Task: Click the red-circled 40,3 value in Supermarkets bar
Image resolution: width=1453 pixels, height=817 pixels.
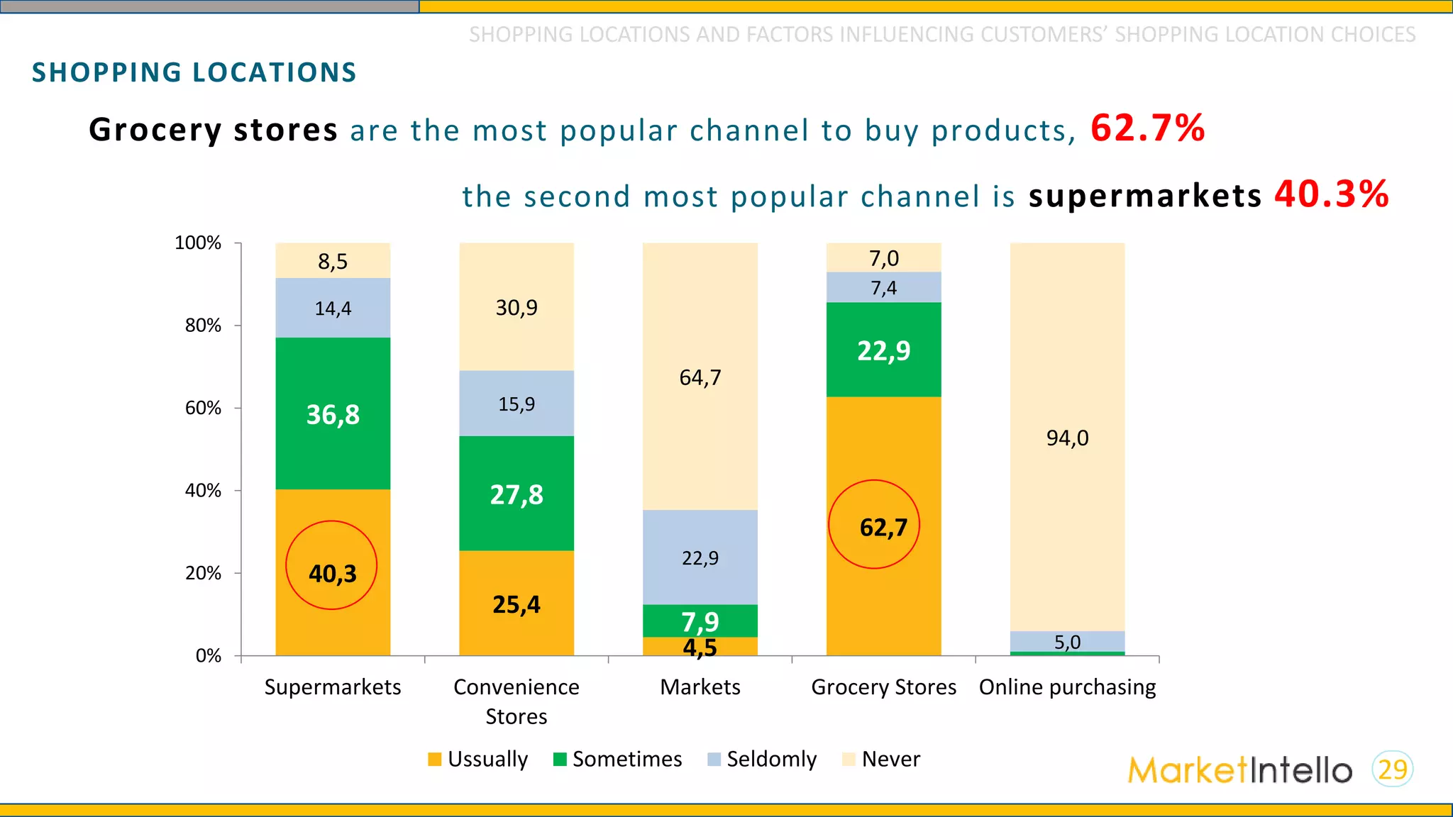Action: (x=332, y=573)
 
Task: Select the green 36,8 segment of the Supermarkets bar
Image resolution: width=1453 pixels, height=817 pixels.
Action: (x=333, y=414)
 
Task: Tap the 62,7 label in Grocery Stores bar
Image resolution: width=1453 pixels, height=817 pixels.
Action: (x=883, y=528)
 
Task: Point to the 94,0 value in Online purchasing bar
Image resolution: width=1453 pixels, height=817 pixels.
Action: (x=1067, y=438)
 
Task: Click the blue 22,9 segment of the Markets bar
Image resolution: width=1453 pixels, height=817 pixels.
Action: (x=700, y=558)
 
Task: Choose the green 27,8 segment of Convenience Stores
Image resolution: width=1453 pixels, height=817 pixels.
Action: (x=516, y=494)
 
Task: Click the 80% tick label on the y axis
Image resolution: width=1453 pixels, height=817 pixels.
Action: (x=203, y=326)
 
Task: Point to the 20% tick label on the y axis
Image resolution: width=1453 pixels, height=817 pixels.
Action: (x=203, y=573)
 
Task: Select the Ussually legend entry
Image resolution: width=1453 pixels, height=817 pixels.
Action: (x=479, y=759)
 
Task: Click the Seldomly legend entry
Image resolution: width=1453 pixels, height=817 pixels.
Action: (x=763, y=759)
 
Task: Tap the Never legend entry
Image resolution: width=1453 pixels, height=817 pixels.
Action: (x=881, y=759)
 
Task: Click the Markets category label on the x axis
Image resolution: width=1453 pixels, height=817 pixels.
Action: (x=700, y=687)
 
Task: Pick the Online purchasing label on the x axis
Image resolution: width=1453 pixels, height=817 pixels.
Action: (x=1067, y=687)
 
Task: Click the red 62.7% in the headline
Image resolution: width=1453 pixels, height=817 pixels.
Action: (x=1147, y=128)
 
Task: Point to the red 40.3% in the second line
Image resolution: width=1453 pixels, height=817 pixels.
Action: (x=1331, y=194)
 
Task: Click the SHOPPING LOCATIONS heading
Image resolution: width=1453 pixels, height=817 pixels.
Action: (x=194, y=72)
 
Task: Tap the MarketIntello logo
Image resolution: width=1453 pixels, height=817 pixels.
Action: (x=1239, y=770)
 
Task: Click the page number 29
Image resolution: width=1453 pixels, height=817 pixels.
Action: (x=1393, y=769)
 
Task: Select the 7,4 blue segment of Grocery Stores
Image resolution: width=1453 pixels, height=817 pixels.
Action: (x=883, y=288)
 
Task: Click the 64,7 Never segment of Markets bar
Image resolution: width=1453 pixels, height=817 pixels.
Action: (x=700, y=377)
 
